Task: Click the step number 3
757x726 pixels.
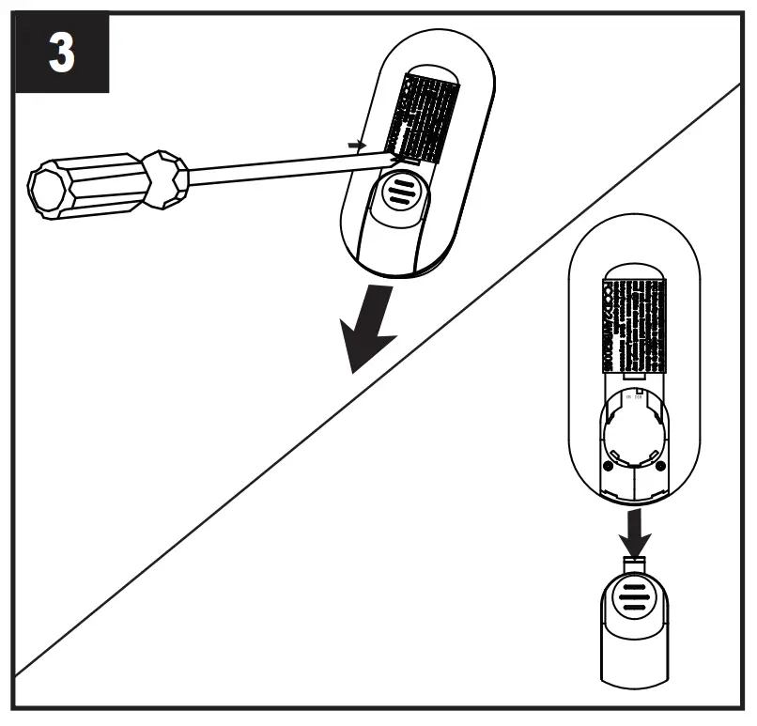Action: [x=61, y=54]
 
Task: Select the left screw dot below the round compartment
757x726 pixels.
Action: [x=609, y=467]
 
